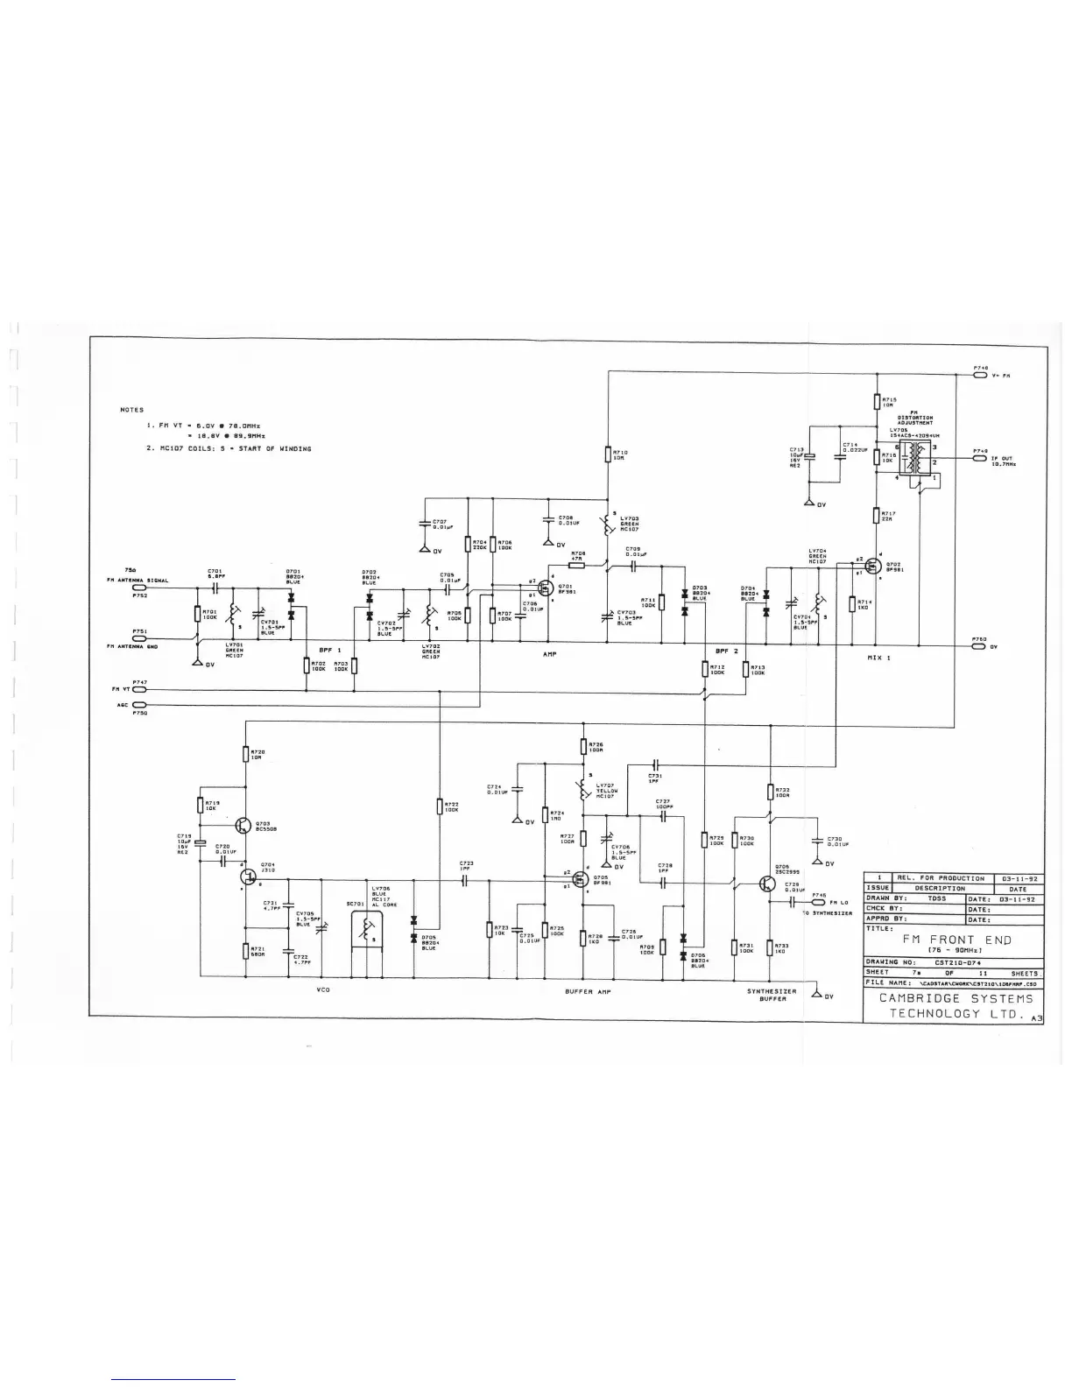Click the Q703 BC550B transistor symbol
pyautogui.click(x=243, y=823)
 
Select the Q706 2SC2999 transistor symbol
pyautogui.click(x=767, y=884)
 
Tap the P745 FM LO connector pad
pyautogui.click(x=819, y=902)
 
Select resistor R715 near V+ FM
pyautogui.click(x=877, y=403)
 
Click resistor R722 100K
pyautogui.click(x=439, y=806)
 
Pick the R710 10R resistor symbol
pyautogui.click(x=608, y=454)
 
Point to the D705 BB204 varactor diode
pyautogui.click(x=413, y=937)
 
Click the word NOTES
pyautogui.click(x=131, y=410)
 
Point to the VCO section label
pyautogui.click(x=321, y=990)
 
